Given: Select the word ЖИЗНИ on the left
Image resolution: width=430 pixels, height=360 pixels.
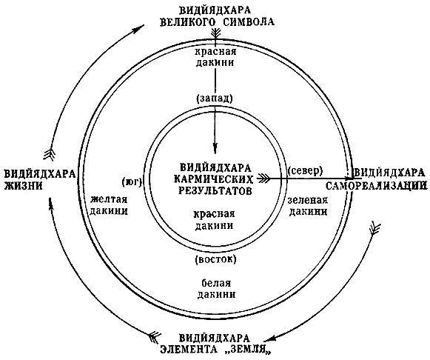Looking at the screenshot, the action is pos(23,186).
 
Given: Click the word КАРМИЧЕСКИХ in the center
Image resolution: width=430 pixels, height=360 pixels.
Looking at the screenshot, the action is pos(214,179).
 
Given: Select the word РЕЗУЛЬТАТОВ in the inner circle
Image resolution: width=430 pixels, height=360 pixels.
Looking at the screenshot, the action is pos(215,190).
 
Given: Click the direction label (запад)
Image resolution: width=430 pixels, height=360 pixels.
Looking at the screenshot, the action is pos(215,99).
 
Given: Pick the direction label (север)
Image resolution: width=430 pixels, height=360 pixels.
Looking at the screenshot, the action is pos(305,170).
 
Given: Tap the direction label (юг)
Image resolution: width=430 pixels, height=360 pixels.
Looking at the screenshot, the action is pos(131,181).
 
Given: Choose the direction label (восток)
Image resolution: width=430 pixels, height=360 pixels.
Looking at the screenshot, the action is pos(215,259).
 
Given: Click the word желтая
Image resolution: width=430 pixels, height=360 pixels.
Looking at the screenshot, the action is pos(109,199).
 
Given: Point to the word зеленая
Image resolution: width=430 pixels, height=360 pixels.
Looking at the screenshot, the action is pos(308,200).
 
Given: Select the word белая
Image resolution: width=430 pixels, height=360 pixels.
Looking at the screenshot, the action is pos(216,283).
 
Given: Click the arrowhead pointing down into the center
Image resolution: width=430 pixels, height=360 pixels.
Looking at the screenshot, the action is pos(215,147).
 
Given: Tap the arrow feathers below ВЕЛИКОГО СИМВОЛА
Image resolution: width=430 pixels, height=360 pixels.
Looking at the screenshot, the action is pos(216,35).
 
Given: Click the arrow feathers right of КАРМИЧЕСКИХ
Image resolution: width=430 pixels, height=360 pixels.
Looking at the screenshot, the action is pos(263,179).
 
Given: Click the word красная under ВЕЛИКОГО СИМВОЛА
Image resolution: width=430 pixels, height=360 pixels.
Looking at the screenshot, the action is pos(215,52).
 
